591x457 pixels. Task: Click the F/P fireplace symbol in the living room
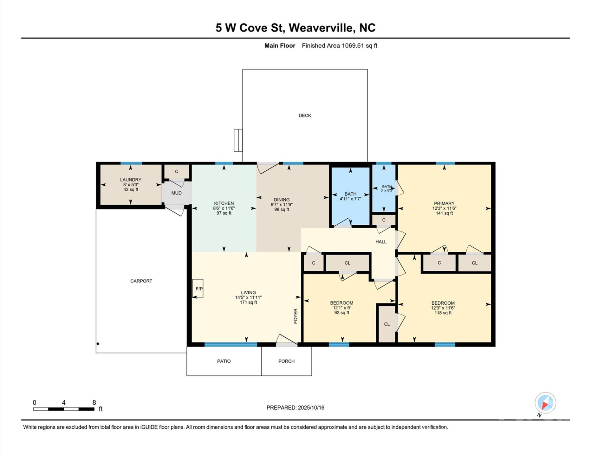198,288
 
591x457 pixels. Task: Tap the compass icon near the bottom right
545,403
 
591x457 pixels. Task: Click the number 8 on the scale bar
94,402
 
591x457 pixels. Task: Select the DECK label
305,116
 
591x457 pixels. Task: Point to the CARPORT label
141,281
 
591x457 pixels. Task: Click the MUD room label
176,193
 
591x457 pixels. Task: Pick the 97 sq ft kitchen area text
224,213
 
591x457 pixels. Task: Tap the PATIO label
224,361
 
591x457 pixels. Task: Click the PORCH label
286,361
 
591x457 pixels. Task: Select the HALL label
381,242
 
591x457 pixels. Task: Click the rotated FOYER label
295,316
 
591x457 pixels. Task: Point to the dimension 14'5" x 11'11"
248,297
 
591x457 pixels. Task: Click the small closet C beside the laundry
177,172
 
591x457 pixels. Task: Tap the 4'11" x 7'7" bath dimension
350,199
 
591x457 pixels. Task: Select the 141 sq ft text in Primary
444,213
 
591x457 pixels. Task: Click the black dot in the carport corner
98,344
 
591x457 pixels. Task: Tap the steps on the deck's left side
238,140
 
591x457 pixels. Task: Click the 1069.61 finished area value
353,46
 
